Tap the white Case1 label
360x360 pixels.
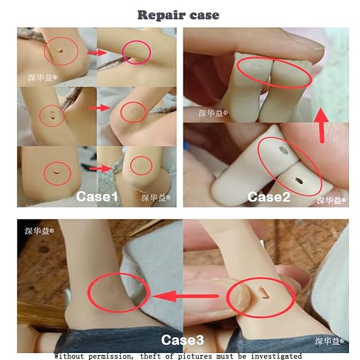point(97,197)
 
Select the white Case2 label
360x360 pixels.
point(269,197)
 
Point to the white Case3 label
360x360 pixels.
point(182,340)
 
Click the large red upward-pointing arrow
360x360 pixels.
point(322,126)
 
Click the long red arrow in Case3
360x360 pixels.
point(185,297)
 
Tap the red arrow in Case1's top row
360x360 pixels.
point(97,53)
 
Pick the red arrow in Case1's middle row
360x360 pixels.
point(99,108)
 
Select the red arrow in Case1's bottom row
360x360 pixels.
point(100,169)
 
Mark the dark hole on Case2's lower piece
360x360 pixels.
point(297,181)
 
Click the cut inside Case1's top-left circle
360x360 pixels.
point(60,51)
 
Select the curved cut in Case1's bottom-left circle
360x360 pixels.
point(57,172)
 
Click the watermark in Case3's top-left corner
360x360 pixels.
point(39,231)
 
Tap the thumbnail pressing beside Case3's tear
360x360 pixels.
point(242,296)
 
